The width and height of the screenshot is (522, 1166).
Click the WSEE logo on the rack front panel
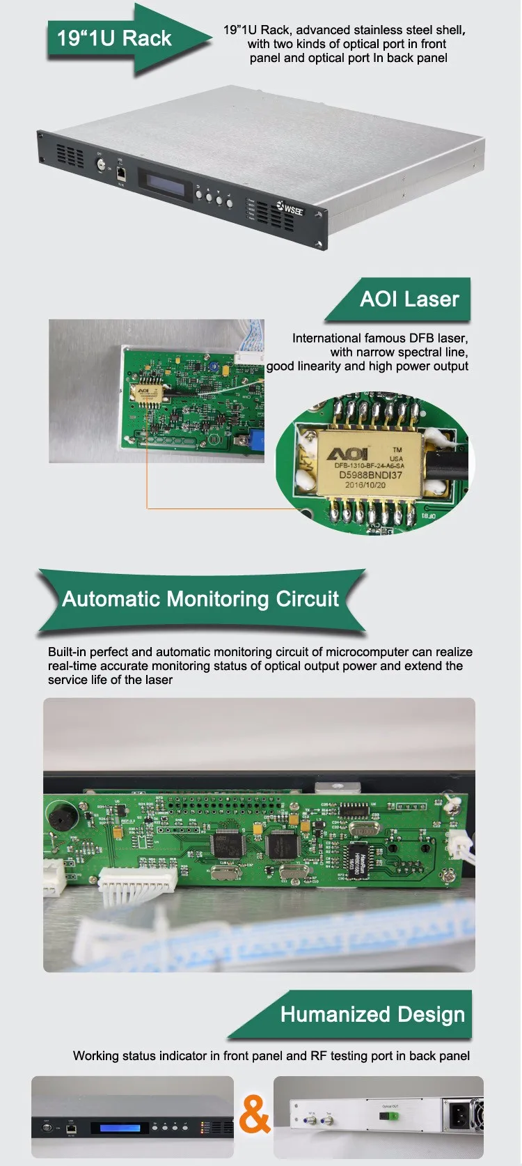[291, 208]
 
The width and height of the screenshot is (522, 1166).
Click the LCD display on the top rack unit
[164, 180]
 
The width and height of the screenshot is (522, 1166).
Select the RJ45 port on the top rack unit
[120, 171]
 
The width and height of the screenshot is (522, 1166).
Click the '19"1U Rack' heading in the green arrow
[114, 38]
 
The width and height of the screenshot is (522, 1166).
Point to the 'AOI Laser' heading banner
[409, 300]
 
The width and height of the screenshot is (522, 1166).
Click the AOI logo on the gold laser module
[349, 454]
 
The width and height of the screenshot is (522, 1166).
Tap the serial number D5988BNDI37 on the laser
[370, 475]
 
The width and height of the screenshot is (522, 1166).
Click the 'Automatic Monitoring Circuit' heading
[200, 599]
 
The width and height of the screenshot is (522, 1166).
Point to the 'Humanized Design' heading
[372, 1014]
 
